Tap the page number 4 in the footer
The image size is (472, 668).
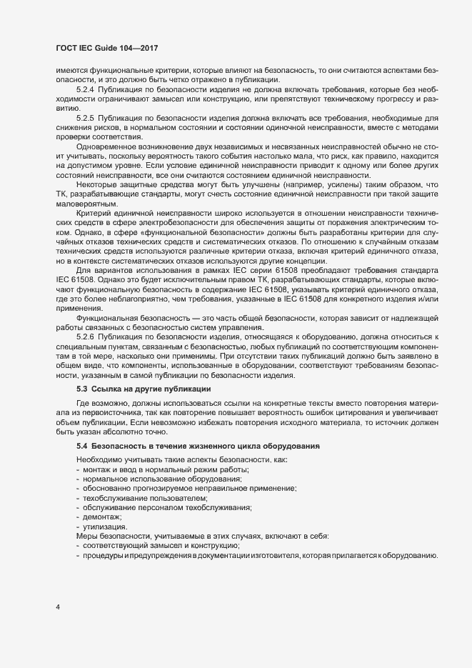(x=58, y=607)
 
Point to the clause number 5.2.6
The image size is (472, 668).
(x=85, y=336)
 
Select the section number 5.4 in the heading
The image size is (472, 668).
(x=81, y=447)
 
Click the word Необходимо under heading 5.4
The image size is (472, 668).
(x=97, y=459)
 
